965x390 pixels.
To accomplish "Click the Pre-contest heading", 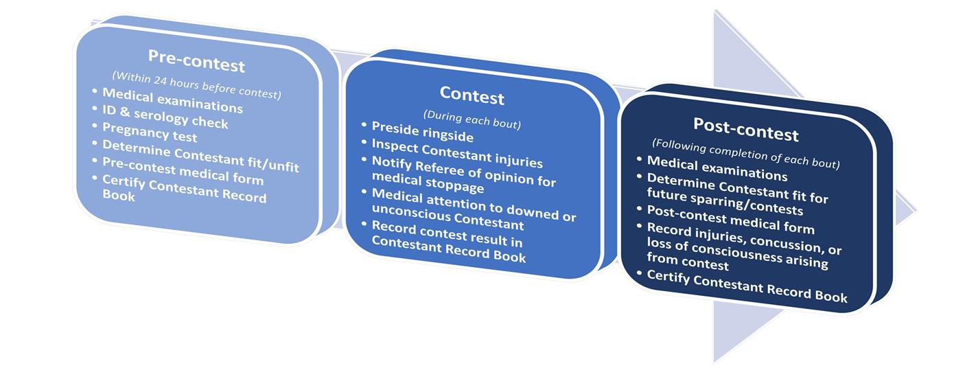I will pos(196,60).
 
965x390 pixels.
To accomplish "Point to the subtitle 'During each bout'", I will pos(472,119).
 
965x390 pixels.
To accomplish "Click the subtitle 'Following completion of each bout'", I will pos(745,153).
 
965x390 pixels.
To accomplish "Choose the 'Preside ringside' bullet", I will pos(422,131).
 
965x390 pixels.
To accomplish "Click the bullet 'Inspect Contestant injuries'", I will pos(457,153).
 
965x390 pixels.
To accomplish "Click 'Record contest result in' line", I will pos(447,233).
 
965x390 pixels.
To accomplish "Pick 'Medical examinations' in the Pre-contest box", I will pos(172,100).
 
